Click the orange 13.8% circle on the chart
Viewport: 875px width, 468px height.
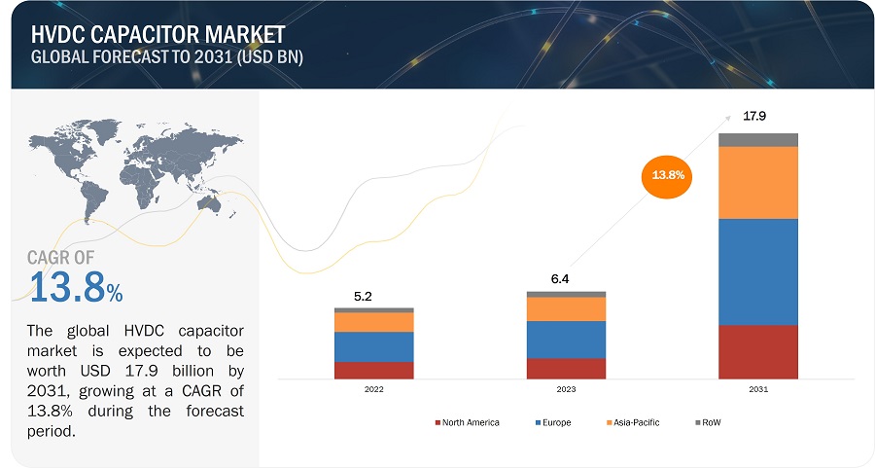click(668, 176)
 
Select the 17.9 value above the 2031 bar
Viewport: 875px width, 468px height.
click(754, 117)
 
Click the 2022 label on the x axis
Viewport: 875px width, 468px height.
click(374, 389)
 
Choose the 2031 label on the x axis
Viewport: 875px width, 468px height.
click(758, 389)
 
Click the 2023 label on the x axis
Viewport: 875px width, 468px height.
click(566, 389)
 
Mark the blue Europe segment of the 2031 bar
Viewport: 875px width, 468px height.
click(758, 271)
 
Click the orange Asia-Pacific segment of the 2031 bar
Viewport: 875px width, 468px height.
click(758, 182)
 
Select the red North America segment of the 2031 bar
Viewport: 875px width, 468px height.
click(758, 351)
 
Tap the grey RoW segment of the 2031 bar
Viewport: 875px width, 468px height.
click(758, 139)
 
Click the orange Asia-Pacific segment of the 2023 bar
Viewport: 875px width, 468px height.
click(566, 308)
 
